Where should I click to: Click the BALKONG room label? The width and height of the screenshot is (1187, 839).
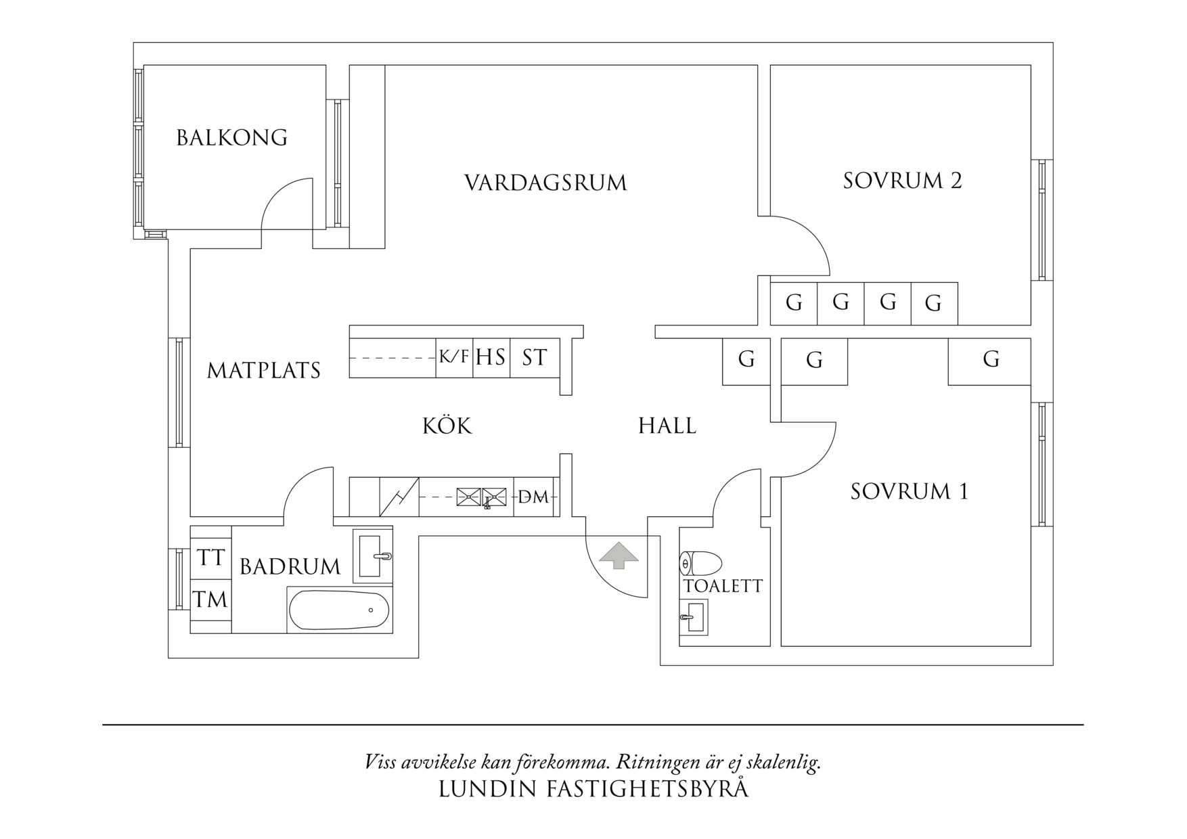(x=232, y=138)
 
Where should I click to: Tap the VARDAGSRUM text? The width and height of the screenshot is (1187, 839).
(x=545, y=183)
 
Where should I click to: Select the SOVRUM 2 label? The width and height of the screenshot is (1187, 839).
(x=902, y=181)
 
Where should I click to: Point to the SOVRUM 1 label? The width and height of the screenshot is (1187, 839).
(x=909, y=491)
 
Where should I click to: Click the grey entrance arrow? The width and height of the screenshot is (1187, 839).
(x=619, y=555)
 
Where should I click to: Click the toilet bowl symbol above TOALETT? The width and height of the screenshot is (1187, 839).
(x=700, y=563)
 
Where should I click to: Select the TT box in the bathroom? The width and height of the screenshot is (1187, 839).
(x=210, y=558)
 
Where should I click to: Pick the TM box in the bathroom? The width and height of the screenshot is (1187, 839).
(x=210, y=599)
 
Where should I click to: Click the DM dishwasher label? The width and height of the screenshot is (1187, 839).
(x=533, y=497)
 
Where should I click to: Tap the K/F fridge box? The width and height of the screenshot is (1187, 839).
(x=453, y=357)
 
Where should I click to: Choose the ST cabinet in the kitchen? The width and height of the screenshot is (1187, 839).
(x=534, y=357)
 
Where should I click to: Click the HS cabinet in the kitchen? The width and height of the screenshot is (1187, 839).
(x=491, y=357)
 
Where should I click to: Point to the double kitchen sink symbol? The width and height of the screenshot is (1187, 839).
(x=481, y=497)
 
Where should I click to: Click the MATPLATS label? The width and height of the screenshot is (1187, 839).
(x=264, y=371)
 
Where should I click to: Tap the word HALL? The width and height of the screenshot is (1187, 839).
(x=667, y=426)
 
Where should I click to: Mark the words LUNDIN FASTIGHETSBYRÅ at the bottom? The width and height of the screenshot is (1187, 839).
(x=593, y=789)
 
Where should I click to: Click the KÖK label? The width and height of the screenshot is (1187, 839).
(x=447, y=426)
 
